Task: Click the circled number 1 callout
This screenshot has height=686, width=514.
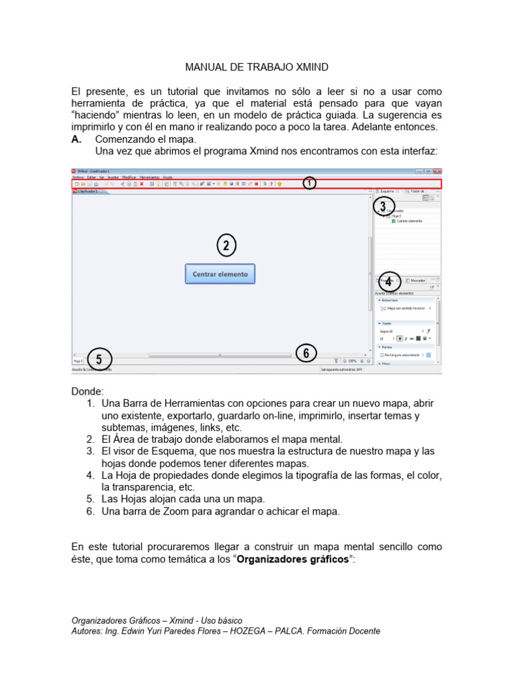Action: (309, 182)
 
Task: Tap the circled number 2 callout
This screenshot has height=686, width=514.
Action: (226, 247)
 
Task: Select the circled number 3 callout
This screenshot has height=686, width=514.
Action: (383, 206)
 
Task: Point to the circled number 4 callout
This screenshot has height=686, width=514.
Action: (388, 283)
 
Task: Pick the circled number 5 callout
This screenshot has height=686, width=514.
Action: (99, 359)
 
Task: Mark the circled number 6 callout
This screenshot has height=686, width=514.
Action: (306, 353)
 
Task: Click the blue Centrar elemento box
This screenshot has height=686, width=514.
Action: (220, 274)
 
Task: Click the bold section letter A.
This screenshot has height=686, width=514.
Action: (76, 139)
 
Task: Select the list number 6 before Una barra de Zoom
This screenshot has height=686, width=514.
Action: (90, 512)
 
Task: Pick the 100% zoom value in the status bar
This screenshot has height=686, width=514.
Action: (352, 361)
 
